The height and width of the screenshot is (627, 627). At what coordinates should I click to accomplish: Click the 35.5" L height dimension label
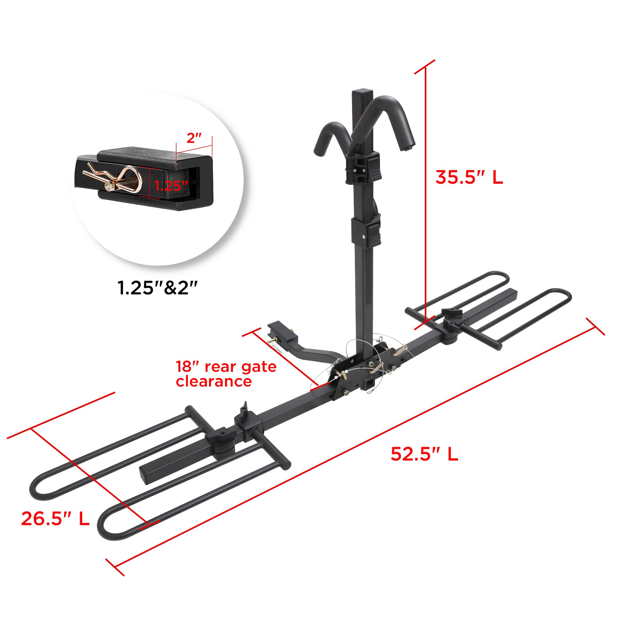click(469, 177)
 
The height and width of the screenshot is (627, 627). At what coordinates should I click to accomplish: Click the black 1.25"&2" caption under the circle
click(157, 287)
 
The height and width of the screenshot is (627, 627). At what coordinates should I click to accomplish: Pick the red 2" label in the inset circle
click(194, 138)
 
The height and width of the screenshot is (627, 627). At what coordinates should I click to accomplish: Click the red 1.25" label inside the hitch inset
click(171, 186)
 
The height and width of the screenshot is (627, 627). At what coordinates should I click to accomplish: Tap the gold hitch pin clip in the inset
click(113, 178)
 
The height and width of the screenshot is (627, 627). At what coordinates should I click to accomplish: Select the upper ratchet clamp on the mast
click(362, 168)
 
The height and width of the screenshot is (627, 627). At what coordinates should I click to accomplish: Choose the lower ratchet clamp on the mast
click(366, 231)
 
